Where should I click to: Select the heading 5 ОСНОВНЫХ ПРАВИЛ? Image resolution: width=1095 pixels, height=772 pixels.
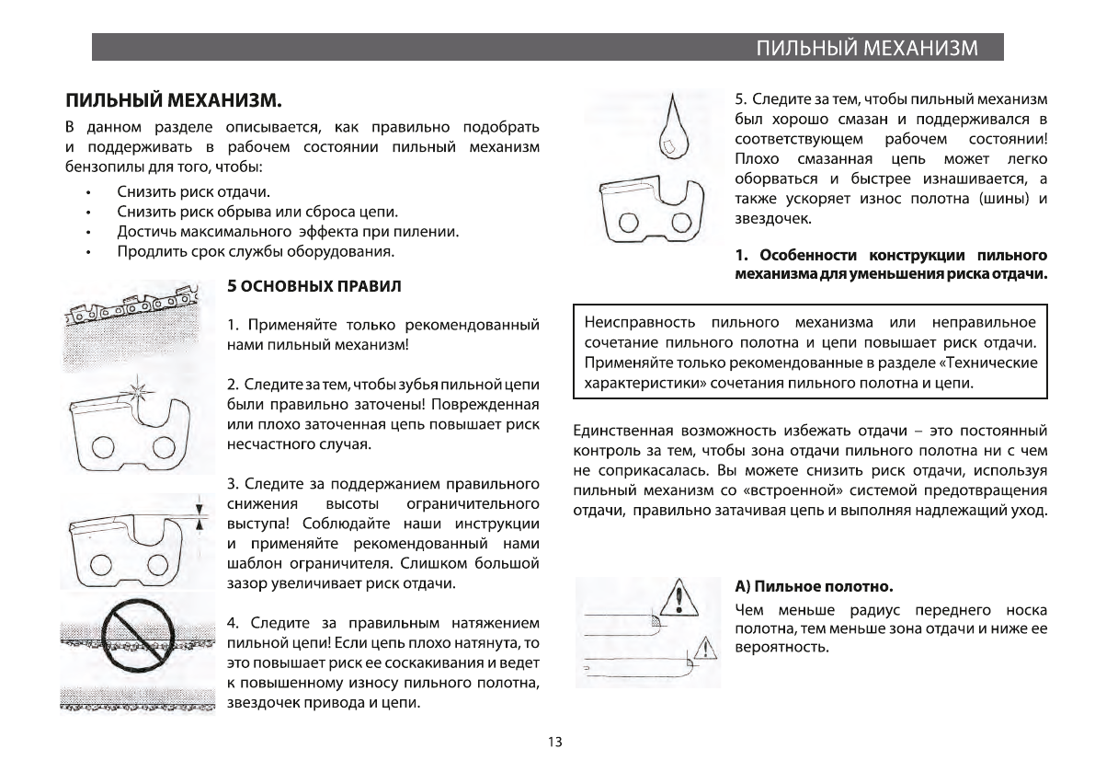coord(314,286)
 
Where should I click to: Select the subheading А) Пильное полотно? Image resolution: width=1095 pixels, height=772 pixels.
coord(814,585)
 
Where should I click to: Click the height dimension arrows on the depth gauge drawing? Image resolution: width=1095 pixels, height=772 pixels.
coord(199,513)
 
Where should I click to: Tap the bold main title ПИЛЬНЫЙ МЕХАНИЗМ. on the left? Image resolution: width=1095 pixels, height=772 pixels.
coord(171,98)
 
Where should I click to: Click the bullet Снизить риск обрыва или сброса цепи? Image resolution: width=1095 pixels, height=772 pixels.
coord(257,212)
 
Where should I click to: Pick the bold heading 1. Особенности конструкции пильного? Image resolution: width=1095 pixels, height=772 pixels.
coord(891,255)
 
